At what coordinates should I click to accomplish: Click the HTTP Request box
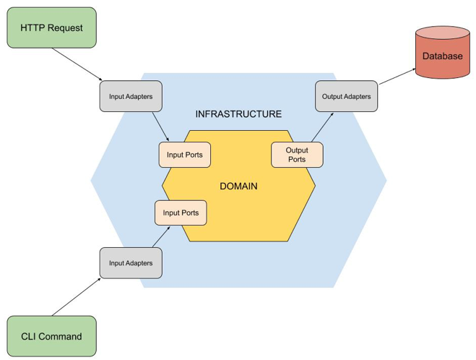[51, 28]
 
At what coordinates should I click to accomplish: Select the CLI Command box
[51, 336]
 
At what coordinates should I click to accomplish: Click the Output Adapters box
[347, 96]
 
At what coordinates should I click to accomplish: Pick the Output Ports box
[297, 155]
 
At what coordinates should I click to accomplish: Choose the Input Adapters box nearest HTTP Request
[131, 96]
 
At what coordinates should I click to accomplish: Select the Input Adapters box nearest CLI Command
[131, 263]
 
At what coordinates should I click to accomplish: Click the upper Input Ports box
[184, 155]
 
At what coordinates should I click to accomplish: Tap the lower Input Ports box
[181, 213]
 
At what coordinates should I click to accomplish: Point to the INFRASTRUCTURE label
[238, 114]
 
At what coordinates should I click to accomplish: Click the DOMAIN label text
[238, 187]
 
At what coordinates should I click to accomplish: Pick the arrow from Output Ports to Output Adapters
[319, 128]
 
